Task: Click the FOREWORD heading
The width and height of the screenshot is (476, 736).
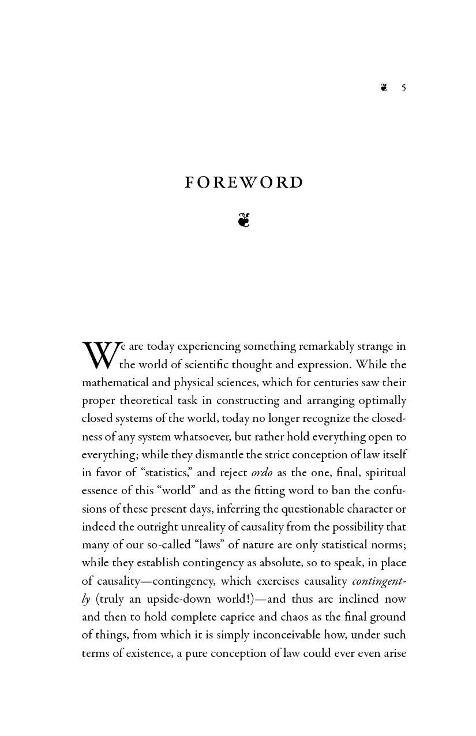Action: point(243,182)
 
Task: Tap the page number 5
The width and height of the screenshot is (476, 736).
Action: point(404,88)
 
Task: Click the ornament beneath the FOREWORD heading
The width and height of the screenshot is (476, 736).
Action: point(243,220)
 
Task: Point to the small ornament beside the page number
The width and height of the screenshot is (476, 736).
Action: point(384,88)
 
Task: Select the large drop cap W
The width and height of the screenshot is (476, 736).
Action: point(101,354)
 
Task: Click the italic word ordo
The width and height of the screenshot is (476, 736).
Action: point(262,473)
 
